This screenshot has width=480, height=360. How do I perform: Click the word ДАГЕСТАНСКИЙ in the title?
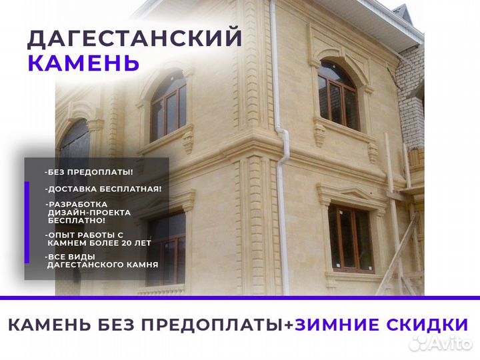135,38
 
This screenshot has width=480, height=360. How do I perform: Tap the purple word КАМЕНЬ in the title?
83,63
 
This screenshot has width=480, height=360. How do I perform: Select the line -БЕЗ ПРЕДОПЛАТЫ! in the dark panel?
89,172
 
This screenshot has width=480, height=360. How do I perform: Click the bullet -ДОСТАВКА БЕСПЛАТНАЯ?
103,189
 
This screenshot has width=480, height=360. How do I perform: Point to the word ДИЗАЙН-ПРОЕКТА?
89,213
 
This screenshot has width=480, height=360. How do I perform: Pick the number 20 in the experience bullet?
128,243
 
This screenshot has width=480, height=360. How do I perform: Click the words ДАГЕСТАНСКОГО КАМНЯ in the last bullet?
103,265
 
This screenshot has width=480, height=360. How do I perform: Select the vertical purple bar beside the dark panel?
27,222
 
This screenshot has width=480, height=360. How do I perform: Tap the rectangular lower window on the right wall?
351,239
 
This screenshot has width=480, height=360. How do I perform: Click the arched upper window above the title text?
169,105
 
